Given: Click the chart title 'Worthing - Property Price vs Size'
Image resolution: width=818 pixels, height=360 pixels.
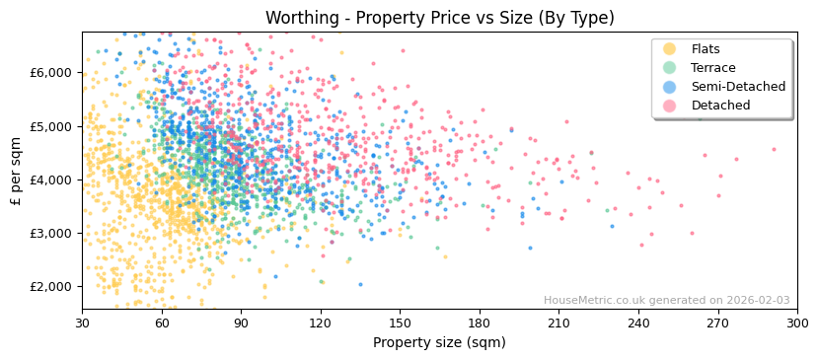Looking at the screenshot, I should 439,18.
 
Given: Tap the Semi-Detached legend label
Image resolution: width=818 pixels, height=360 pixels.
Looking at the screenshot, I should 738,87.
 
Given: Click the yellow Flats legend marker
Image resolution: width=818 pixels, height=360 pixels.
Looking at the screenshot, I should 670,49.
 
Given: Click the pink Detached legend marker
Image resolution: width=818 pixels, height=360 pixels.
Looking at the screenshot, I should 670,106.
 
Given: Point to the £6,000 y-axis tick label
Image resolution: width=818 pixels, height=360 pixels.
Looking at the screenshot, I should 51,73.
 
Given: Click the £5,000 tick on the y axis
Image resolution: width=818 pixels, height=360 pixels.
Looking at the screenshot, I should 51,126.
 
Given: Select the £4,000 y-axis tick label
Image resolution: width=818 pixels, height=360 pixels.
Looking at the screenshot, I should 51,180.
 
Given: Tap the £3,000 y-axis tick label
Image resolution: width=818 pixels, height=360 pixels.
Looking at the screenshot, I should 51,234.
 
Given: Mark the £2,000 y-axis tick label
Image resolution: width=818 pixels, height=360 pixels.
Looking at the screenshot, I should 51,287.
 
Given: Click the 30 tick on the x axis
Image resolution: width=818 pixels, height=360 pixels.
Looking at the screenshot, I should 82,323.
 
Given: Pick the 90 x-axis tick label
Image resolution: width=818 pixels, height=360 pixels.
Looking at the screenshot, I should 241,323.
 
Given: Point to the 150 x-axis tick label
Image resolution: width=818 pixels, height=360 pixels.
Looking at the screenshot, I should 400,323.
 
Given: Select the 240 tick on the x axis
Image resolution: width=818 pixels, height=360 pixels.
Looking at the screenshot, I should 638,323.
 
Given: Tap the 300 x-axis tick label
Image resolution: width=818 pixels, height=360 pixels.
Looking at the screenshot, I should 796,323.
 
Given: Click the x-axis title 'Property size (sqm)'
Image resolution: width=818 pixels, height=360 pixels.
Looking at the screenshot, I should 439,342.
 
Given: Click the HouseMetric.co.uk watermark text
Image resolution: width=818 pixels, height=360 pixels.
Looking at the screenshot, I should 666,301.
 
